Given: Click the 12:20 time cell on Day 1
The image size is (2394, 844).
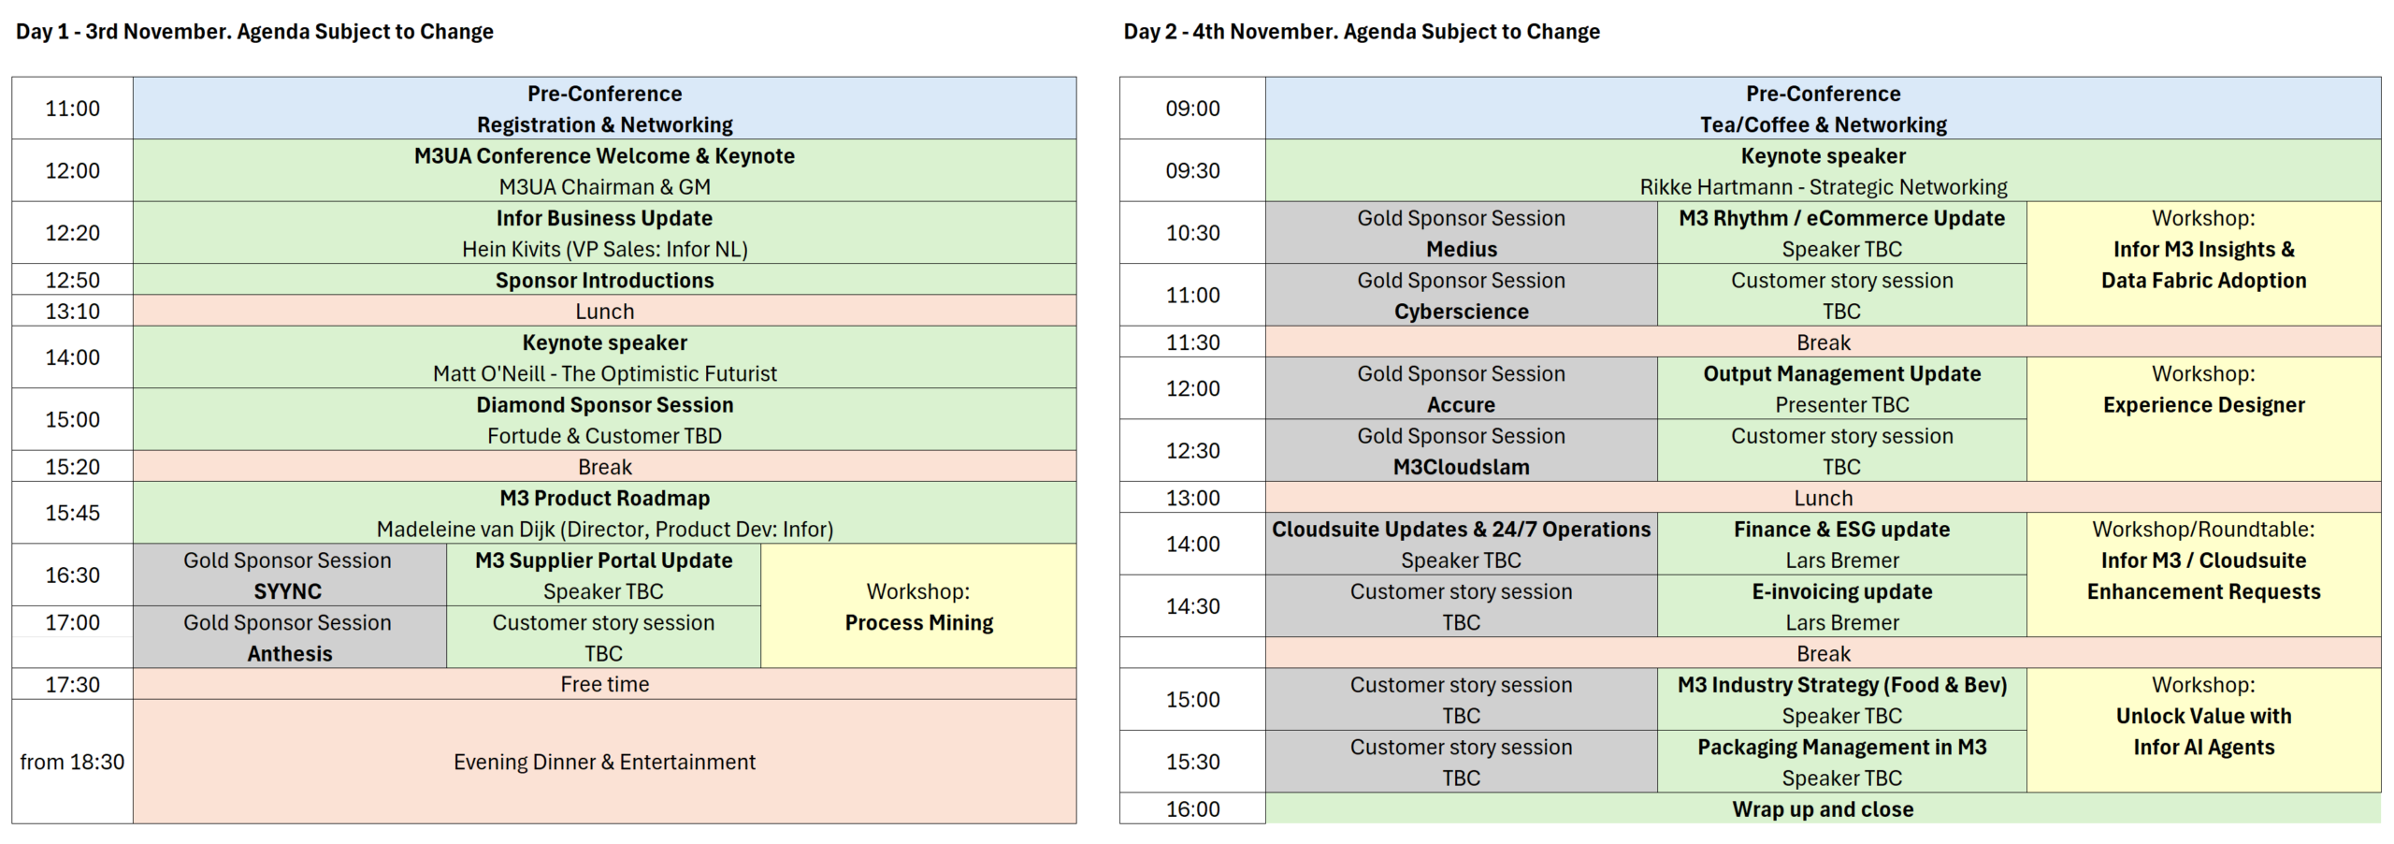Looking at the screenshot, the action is point(72,233).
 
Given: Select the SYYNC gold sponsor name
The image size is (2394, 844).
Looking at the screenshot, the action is point(287,591).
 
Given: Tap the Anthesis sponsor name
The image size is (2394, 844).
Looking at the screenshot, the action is point(289,654).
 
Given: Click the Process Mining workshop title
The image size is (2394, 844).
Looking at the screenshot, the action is point(918,623).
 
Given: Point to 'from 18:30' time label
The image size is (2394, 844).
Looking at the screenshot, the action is point(72,763).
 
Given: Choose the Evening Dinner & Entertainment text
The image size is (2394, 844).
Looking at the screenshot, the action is point(604,763).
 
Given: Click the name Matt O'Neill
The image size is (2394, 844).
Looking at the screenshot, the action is point(488,374).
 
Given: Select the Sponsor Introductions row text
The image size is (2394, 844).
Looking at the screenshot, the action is point(604,281).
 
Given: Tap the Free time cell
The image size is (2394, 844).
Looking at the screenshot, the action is point(604,684).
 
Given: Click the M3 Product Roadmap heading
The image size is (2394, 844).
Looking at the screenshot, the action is point(604,499).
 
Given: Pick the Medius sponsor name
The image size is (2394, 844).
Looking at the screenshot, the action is point(1461,250).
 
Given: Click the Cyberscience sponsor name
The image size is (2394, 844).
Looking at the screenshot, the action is point(1461,312).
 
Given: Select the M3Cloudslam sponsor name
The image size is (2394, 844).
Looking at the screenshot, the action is point(1461,468).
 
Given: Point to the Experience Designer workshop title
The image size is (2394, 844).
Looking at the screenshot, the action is point(2203,405).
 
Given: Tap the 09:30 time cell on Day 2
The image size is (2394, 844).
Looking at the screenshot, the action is point(1192,171).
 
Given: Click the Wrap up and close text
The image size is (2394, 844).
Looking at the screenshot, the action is point(1823,809).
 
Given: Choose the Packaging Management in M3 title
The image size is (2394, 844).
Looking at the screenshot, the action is point(1841,748).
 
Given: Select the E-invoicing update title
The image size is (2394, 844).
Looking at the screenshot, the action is point(1841,591).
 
